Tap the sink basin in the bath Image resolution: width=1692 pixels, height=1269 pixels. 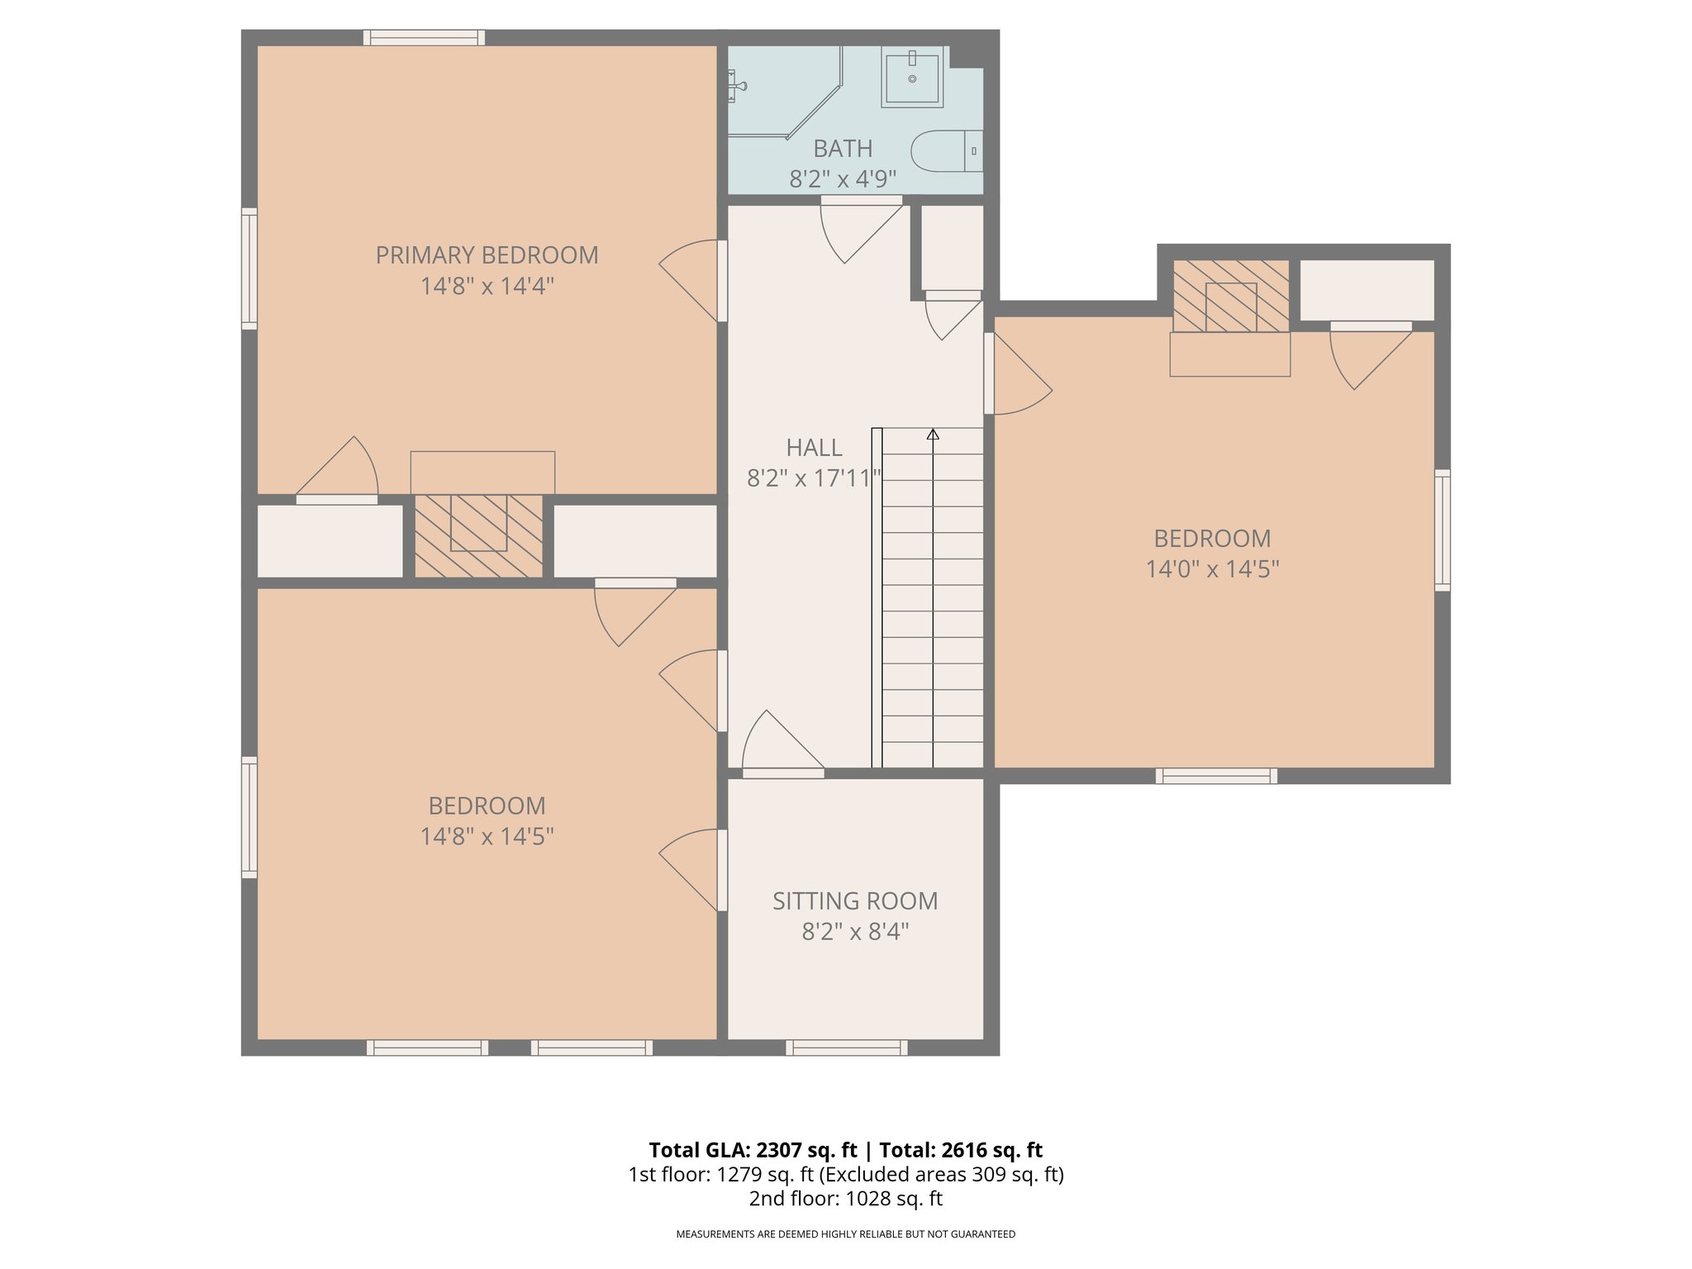click(912, 78)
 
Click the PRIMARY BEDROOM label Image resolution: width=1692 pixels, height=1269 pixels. click(487, 255)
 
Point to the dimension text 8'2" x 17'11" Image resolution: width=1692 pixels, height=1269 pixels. click(814, 478)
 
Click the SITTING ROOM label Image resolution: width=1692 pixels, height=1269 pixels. click(854, 901)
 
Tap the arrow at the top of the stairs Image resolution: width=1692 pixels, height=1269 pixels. click(933, 434)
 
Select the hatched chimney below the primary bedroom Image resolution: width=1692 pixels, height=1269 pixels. click(478, 535)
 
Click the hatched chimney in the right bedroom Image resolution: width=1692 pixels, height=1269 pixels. click(1231, 296)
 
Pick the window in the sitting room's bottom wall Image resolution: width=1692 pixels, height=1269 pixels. click(846, 1048)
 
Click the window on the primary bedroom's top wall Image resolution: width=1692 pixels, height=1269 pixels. click(424, 37)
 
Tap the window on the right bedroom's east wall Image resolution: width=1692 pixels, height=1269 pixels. click(1442, 530)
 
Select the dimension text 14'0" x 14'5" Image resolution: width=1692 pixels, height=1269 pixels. click(1212, 569)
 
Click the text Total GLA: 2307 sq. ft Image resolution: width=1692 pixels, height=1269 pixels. click(753, 1150)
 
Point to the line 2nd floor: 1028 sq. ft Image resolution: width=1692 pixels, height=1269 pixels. click(845, 1198)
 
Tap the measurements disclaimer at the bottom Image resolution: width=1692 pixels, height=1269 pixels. click(845, 1234)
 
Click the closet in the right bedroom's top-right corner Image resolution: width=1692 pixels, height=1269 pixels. click(1366, 290)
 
